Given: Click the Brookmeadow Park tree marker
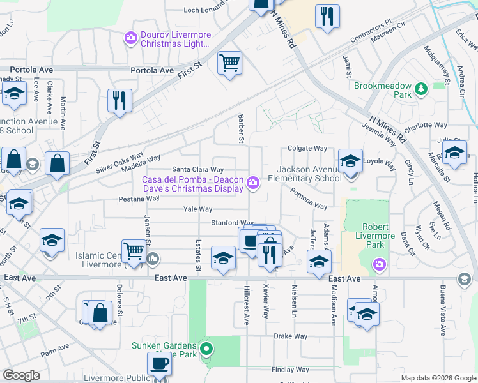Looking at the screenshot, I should click(420, 89).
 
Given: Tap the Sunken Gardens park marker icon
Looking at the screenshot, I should click(206, 349).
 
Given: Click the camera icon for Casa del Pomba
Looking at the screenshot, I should click(253, 184).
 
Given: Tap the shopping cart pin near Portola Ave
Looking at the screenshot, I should click(229, 63).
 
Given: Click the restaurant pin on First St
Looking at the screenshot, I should click(119, 100).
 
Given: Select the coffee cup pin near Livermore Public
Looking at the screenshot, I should click(159, 364).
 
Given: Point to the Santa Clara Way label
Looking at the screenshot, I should click(198, 170).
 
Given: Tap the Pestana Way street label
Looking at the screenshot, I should click(139, 199).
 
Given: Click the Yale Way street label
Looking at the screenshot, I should click(197, 209).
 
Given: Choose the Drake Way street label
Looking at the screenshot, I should click(291, 336).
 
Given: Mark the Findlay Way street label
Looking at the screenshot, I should click(289, 370).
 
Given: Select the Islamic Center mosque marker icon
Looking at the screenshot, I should click(152, 259).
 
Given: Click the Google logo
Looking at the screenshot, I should click(21, 375).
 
